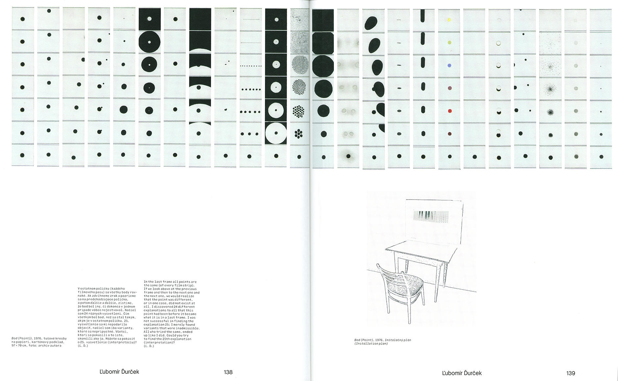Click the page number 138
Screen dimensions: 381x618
click(228, 372)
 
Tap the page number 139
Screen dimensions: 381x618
click(571, 373)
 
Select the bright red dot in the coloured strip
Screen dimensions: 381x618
click(450, 111)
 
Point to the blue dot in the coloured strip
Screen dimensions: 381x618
click(449, 65)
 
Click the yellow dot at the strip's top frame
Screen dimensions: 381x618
click(449, 20)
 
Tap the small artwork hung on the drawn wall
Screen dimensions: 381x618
click(431, 217)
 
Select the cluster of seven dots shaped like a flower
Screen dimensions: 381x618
click(298, 133)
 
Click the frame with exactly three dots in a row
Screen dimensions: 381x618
click(250, 134)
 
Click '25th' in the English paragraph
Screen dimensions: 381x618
click(167, 339)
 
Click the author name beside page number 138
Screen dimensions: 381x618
click(119, 372)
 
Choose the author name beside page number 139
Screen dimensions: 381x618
click(462, 373)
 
